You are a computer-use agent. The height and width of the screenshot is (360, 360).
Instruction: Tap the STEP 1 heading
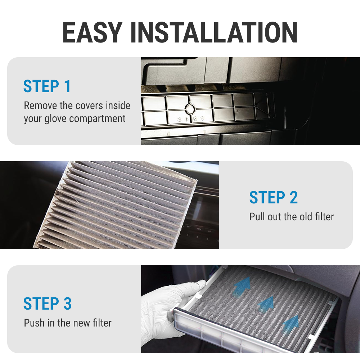pyautogui.click(x=47, y=86)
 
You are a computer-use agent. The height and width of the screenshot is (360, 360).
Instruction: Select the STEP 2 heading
pyautogui.click(x=273, y=198)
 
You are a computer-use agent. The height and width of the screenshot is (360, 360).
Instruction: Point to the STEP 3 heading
pyautogui.click(x=47, y=303)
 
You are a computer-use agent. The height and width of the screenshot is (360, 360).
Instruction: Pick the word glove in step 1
pyautogui.click(x=56, y=119)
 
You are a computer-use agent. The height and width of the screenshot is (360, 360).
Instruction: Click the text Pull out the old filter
pyautogui.click(x=291, y=217)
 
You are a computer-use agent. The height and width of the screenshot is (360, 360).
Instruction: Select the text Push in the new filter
pyautogui.click(x=68, y=323)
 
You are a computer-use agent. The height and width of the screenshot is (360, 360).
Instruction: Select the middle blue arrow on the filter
pyautogui.click(x=266, y=304)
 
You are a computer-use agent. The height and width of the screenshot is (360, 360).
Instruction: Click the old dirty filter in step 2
pyautogui.click(x=119, y=205)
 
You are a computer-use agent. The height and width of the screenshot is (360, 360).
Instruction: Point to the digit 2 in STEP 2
pyautogui.click(x=293, y=198)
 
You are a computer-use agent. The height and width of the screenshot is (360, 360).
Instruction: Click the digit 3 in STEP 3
pyautogui.click(x=67, y=303)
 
